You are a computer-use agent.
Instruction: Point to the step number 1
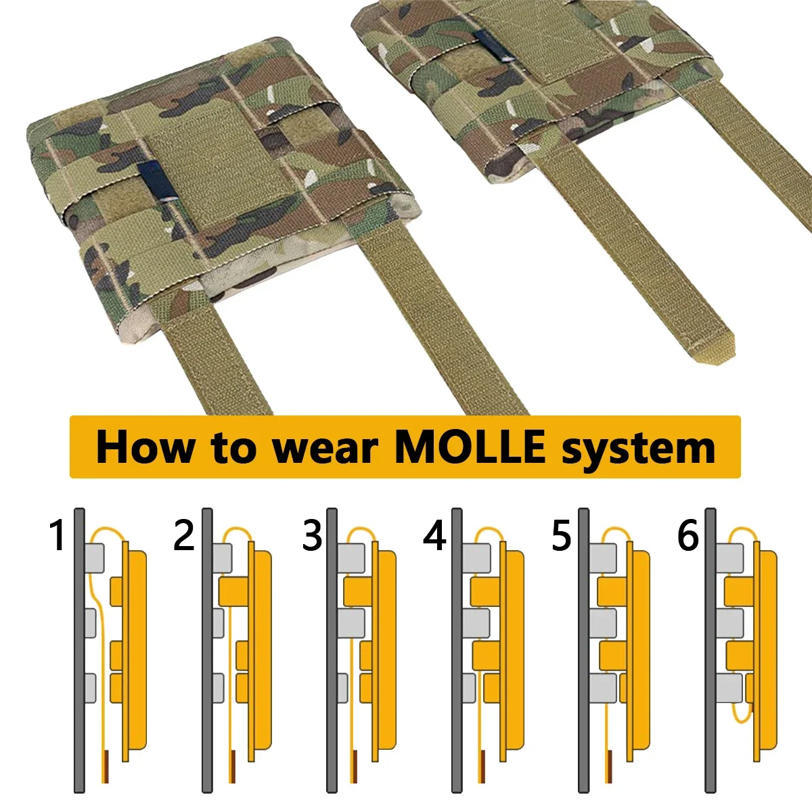click(58, 535)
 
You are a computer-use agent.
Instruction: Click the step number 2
click(184, 535)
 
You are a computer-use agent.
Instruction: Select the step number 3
click(312, 535)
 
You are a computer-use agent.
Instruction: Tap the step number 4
click(434, 535)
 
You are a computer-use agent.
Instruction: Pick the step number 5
click(561, 535)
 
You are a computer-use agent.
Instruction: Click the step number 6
click(688, 535)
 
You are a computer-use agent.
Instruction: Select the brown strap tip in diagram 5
click(609, 761)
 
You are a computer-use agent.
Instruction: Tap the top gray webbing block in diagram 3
click(351, 558)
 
